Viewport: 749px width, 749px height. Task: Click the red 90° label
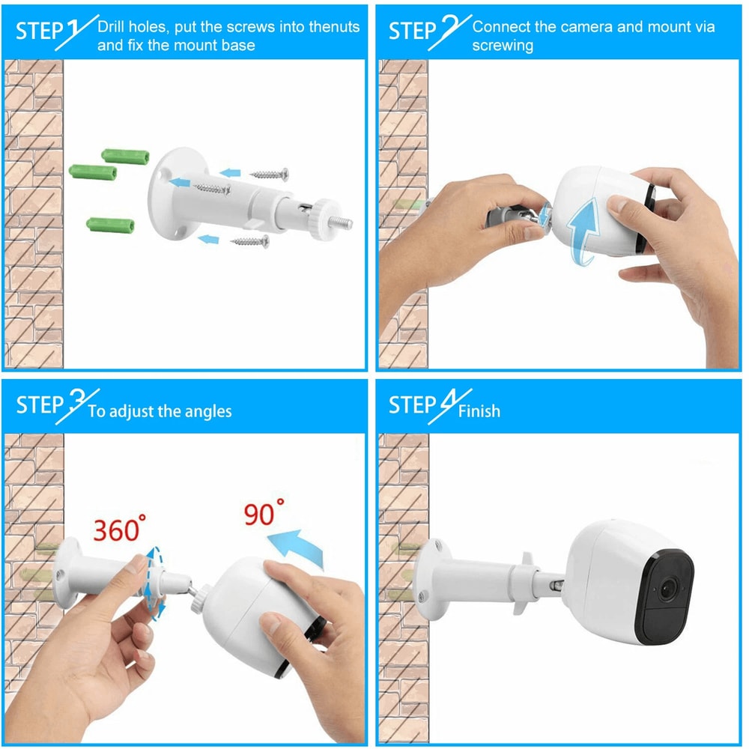click(x=264, y=515)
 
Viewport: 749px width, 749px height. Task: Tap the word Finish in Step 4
click(x=479, y=410)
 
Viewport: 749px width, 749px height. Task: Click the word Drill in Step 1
click(x=116, y=28)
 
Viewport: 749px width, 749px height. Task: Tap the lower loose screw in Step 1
click(x=250, y=240)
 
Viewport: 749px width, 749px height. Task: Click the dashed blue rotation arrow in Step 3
click(x=156, y=582)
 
